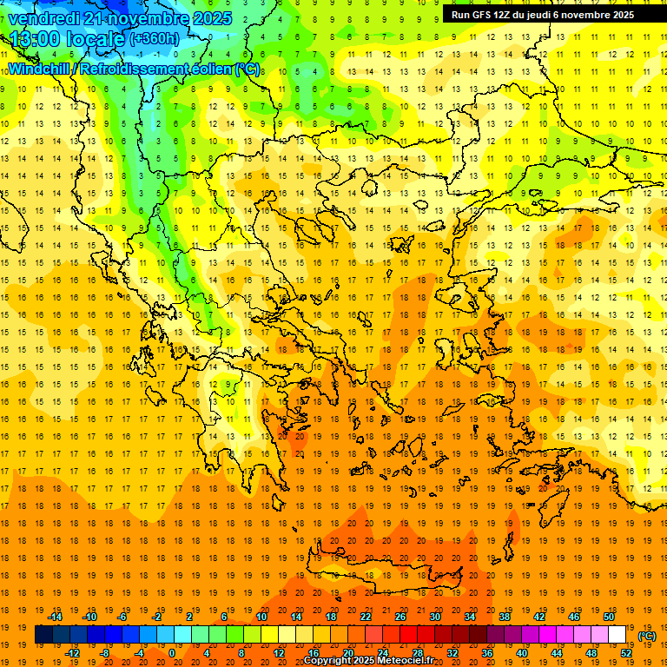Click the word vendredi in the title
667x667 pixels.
[43, 17]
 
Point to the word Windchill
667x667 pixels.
[38, 69]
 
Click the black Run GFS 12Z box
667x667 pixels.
[542, 15]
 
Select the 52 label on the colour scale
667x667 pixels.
[626, 653]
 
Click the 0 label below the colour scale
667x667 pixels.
[171, 653]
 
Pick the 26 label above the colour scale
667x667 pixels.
[400, 617]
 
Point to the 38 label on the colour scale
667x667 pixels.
[504, 617]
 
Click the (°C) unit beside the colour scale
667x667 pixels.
[647, 636]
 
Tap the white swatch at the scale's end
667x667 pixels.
[617, 635]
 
